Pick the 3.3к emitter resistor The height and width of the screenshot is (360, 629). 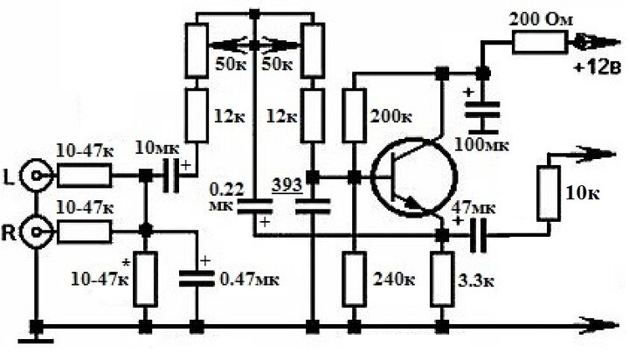tap(443, 279)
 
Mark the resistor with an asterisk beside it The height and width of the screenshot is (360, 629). tap(145, 279)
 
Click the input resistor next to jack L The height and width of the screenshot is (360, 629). tap(85, 177)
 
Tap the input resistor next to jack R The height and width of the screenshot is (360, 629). tap(85, 232)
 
